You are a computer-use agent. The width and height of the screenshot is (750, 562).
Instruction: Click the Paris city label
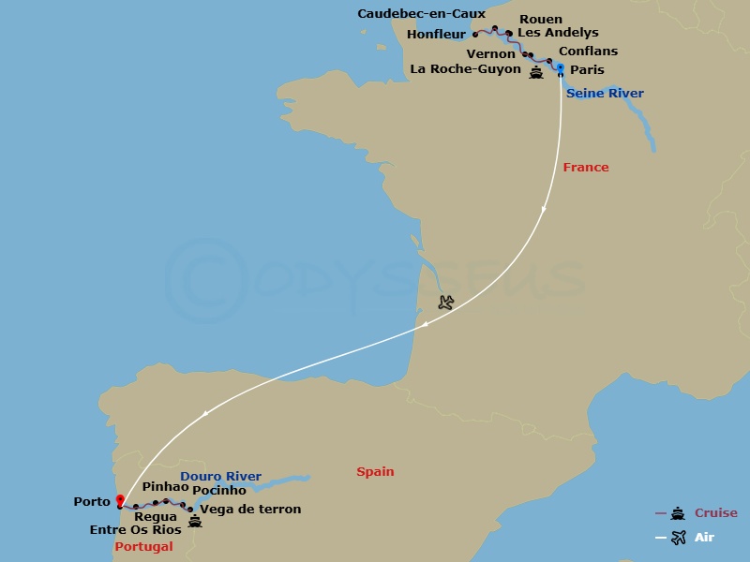point(587,70)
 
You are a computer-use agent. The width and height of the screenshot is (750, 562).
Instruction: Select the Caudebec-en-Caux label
point(422,14)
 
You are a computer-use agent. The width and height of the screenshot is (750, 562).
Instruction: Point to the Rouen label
point(541,19)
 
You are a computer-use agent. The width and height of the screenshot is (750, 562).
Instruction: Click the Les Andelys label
point(558,33)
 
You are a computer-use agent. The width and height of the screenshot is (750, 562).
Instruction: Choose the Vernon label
point(490,54)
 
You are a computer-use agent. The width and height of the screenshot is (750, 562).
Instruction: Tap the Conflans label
point(588,52)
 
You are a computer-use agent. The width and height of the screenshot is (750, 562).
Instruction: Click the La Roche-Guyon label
point(465,70)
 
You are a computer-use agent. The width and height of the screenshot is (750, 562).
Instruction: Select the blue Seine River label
point(605,94)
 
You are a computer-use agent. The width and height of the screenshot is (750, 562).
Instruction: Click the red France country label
point(586,168)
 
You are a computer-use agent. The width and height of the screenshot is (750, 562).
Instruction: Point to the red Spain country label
point(375,472)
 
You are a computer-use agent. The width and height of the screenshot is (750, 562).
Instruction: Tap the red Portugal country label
point(143,546)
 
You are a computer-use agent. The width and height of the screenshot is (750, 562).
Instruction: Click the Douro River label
point(220,477)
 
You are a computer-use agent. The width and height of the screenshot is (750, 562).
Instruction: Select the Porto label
point(92,502)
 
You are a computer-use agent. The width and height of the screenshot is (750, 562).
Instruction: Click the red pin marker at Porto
point(119,500)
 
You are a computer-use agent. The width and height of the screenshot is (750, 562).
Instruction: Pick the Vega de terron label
point(251,510)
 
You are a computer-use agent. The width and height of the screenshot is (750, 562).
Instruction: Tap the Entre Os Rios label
point(134,530)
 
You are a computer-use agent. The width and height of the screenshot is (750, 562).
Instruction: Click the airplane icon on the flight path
point(446,303)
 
